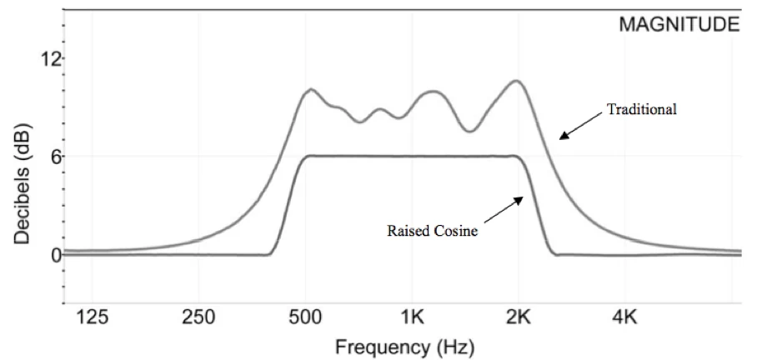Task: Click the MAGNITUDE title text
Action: tap(678, 25)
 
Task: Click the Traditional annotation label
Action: tap(640, 109)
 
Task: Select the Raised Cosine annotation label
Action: tap(432, 231)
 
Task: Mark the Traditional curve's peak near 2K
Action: tap(517, 81)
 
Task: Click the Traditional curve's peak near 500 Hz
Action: tap(311, 89)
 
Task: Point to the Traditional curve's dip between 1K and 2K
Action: tap(471, 131)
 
